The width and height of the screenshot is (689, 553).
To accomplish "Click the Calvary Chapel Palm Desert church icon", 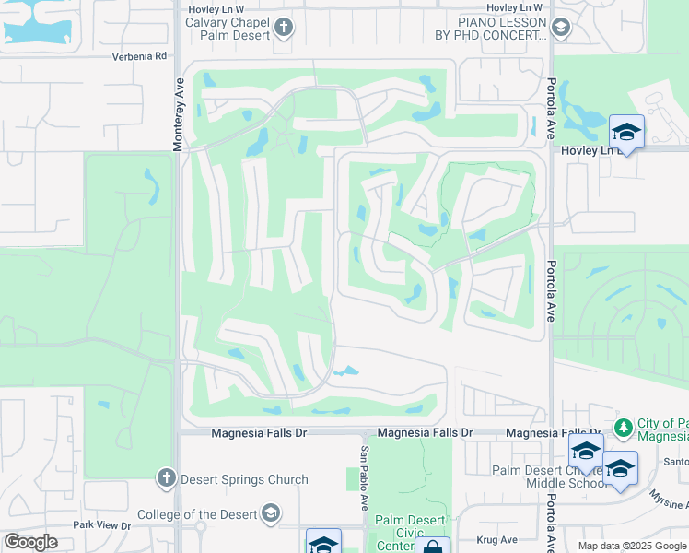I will (x=284, y=28).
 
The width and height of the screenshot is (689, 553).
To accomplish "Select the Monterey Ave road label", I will (x=179, y=113).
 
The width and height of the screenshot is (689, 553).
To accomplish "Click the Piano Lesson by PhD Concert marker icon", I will (x=559, y=28).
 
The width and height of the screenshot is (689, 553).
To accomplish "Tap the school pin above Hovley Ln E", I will (x=626, y=132).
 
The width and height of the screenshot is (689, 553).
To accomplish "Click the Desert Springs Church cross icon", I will (x=166, y=477).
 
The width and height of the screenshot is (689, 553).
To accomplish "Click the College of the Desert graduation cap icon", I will (x=270, y=512).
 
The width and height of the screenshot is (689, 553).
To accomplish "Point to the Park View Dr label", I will (x=102, y=525).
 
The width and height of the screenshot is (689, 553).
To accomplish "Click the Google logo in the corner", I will (x=30, y=542).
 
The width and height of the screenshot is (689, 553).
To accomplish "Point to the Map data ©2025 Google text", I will (x=631, y=546).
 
